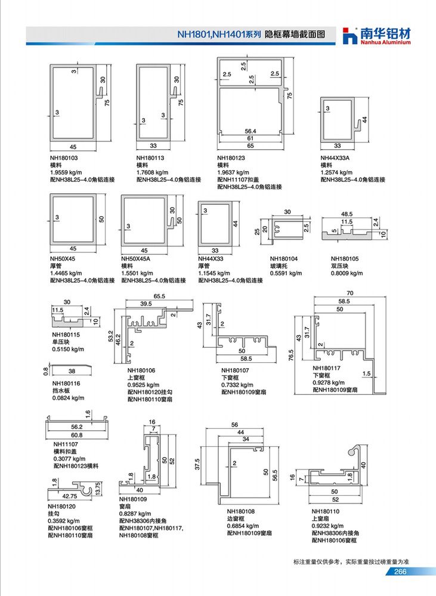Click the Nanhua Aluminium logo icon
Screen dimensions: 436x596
(350, 36)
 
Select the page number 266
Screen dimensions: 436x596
(400, 572)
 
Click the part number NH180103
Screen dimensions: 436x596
(64, 158)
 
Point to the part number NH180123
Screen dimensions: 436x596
(231, 158)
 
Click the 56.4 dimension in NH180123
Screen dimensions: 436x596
(251, 131)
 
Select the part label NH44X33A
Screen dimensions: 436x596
(335, 158)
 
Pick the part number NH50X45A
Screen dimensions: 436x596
(136, 258)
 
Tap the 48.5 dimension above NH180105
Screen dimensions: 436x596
(347, 214)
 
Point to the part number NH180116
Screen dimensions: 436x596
(66, 384)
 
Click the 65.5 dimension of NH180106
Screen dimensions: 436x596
(159, 296)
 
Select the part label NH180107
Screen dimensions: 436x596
(235, 370)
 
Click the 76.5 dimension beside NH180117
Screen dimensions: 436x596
(291, 356)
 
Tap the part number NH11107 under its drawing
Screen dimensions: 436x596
(66, 444)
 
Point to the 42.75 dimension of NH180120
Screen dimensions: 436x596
(70, 496)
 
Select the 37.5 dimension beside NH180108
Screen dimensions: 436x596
(197, 464)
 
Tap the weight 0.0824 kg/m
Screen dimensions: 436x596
(69, 398)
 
